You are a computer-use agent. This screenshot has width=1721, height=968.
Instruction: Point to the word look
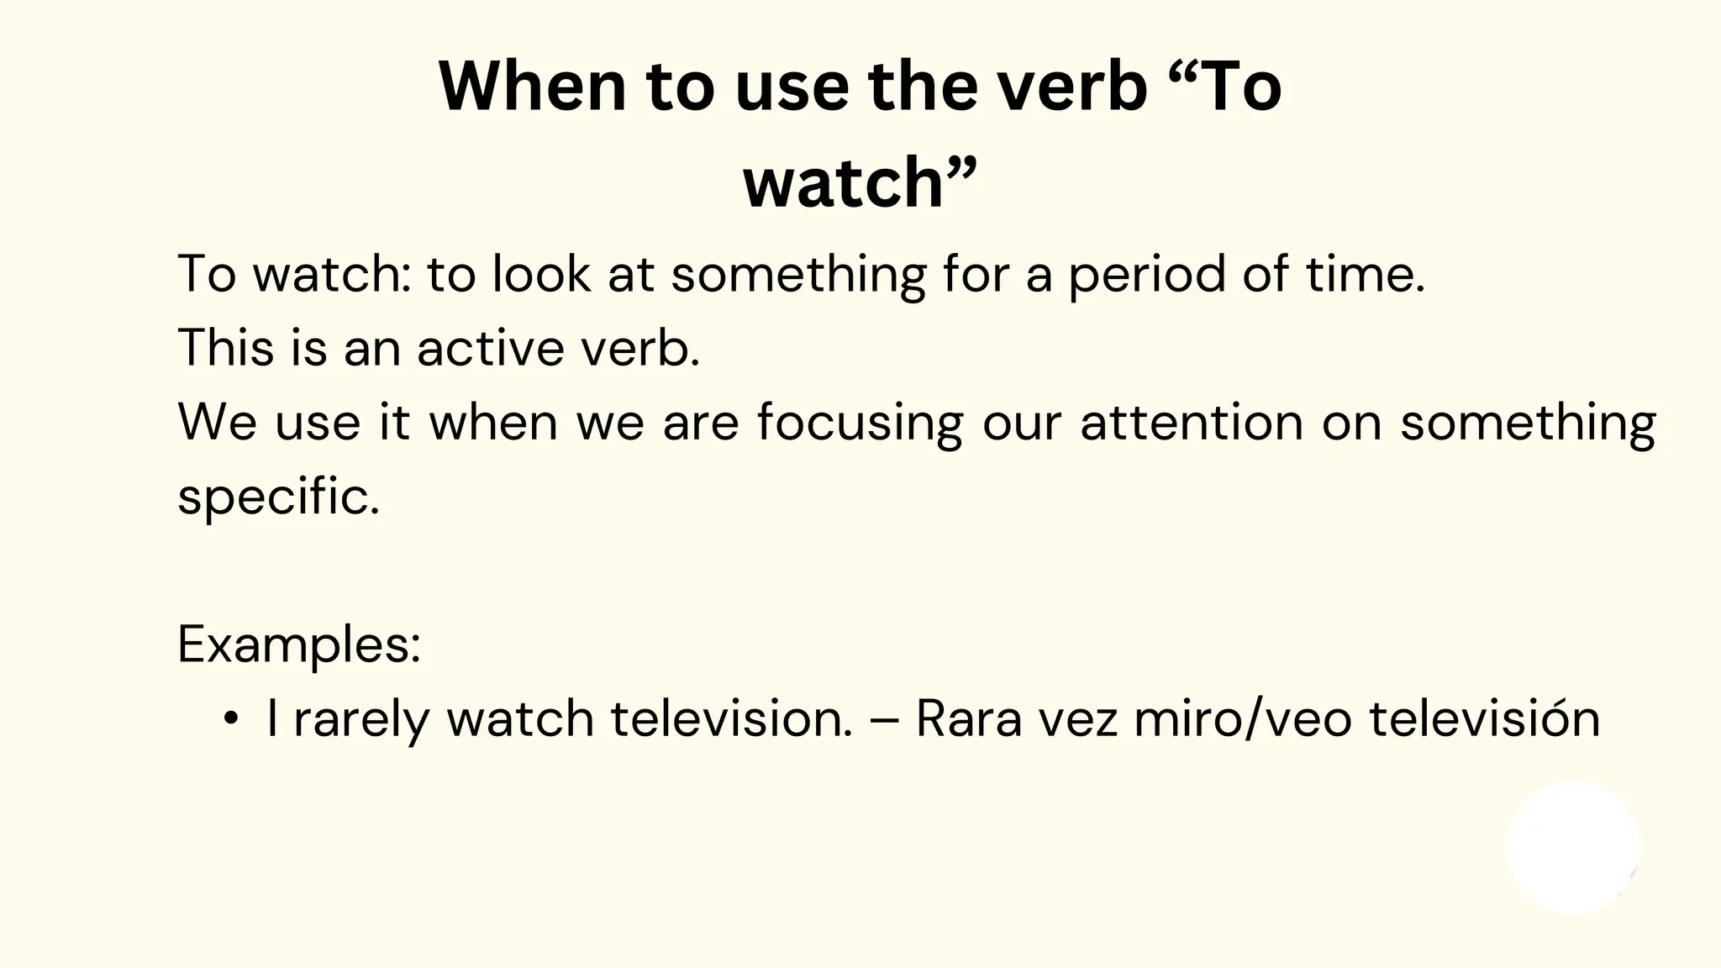541,274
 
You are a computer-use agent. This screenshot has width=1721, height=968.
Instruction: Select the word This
225,347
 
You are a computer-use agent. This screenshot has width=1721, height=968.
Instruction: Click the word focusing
860,423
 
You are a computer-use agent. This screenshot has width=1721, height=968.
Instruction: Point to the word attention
1192,422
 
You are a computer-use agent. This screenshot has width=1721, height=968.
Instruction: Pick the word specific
277,497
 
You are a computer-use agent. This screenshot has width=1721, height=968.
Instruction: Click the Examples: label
299,645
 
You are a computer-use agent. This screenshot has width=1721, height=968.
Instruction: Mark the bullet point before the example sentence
230,719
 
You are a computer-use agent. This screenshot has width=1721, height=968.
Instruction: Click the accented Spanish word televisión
1484,719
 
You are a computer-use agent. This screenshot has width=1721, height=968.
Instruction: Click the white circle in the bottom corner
1572,847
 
